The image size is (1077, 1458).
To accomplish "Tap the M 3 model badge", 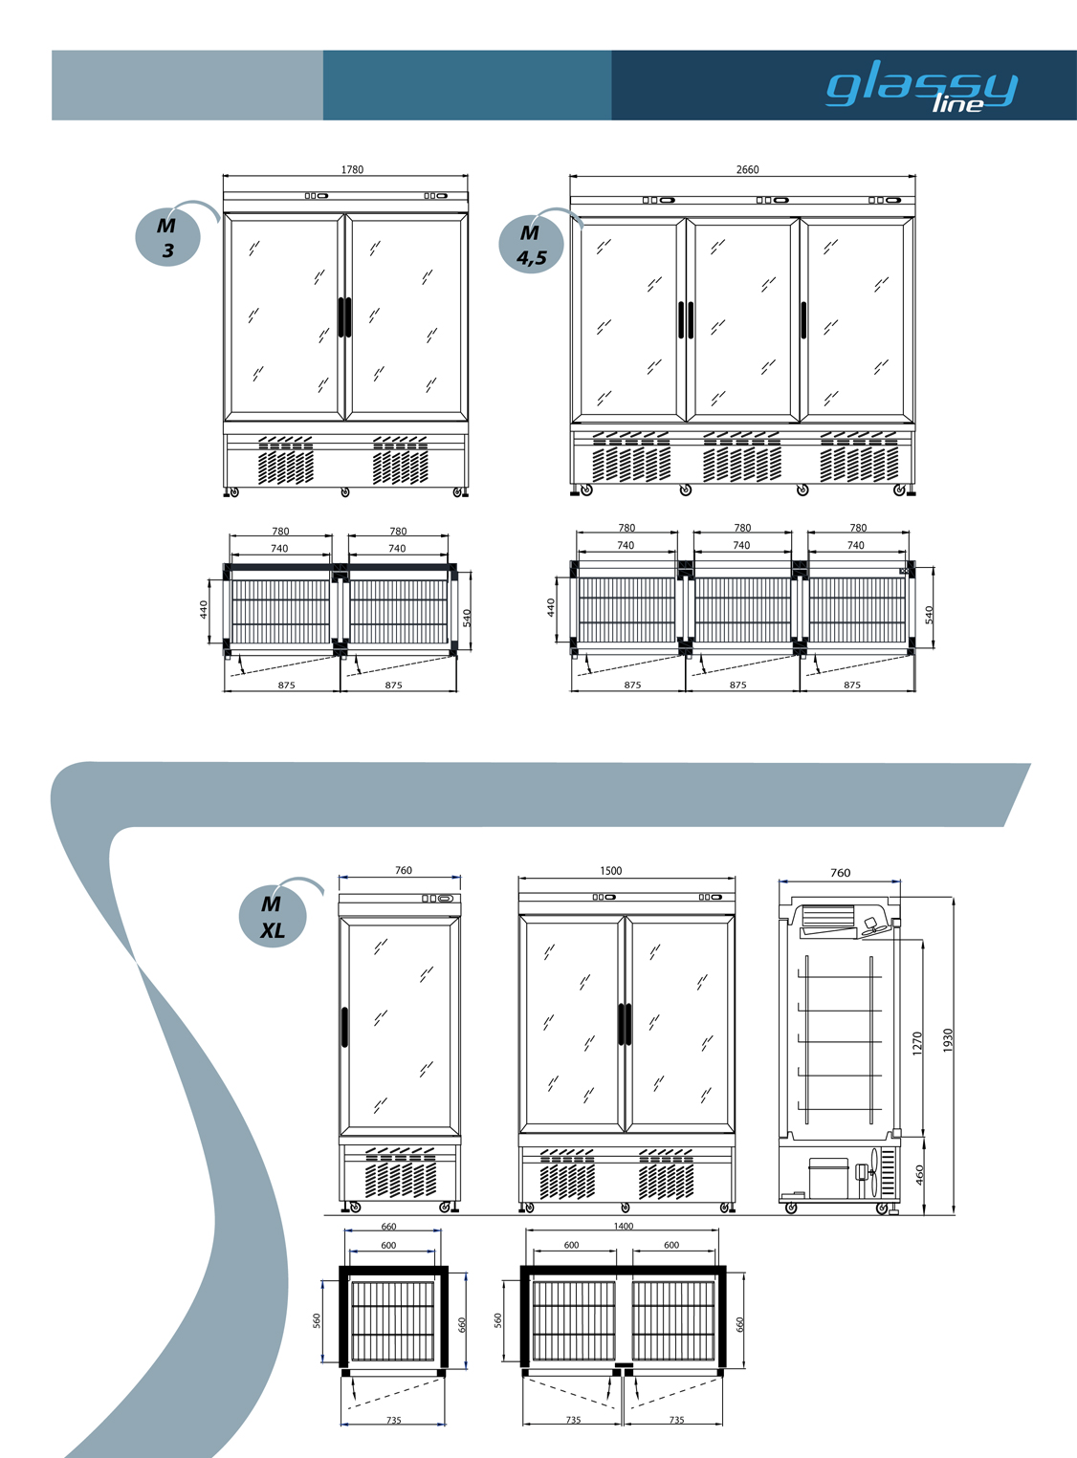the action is [x=167, y=237].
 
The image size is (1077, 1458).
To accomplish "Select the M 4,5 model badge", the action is [x=531, y=245].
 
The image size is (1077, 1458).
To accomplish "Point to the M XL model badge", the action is [x=273, y=917].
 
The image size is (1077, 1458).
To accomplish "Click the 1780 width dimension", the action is [x=352, y=169].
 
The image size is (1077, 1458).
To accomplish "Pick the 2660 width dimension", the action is [x=747, y=169].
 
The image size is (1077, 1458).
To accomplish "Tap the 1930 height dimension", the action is [x=948, y=1040].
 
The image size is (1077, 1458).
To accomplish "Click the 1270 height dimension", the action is [x=918, y=1044].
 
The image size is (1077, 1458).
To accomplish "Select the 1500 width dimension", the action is [x=610, y=871].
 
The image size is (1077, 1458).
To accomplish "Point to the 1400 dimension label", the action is [x=624, y=1226].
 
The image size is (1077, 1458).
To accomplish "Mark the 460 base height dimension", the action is [x=920, y=1175].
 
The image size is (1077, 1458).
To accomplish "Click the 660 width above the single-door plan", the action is [x=389, y=1227].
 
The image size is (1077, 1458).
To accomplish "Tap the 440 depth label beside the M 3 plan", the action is [x=204, y=609].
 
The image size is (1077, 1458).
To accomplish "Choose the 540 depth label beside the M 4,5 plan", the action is [x=929, y=615].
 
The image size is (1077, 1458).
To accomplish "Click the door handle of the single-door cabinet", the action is [x=344, y=1026].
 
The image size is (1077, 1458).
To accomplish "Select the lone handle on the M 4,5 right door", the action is [x=803, y=320].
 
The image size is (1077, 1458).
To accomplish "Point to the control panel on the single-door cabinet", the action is [x=437, y=898].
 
